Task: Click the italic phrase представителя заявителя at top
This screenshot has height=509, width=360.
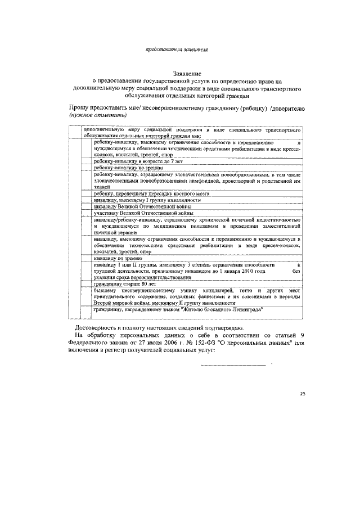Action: pyautogui.click(x=177, y=50)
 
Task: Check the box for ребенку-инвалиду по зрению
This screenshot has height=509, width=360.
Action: pyautogui.click(x=87, y=168)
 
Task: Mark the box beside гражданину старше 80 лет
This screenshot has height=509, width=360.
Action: pyautogui.click(x=87, y=285)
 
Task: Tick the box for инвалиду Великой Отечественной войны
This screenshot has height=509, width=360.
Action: pyautogui.click(x=87, y=206)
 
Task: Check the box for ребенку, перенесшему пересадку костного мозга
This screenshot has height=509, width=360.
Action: pyautogui.click(x=87, y=193)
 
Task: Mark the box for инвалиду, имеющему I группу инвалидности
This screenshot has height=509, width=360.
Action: pyautogui.click(x=87, y=200)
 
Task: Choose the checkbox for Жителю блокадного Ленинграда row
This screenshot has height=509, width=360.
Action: pyautogui.click(x=87, y=310)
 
